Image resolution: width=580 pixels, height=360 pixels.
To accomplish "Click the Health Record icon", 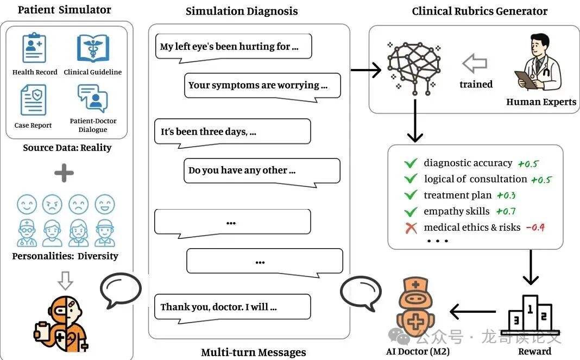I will (34, 48).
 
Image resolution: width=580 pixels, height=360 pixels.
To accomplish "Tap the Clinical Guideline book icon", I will (93, 48).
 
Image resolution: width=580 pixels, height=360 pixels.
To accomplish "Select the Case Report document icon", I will (33, 100).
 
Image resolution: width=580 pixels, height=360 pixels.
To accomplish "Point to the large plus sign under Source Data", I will (64, 174).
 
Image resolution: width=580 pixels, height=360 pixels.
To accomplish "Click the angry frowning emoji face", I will (52, 205).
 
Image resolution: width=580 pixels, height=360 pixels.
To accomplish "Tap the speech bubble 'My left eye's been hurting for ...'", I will (233, 47).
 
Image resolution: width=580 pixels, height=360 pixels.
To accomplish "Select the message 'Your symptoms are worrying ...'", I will (262, 85).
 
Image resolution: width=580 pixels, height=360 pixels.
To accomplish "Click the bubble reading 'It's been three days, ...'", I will (232, 131).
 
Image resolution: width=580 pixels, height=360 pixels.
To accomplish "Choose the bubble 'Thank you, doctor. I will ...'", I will (232, 307).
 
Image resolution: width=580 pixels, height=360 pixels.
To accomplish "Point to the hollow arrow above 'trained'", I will (475, 64).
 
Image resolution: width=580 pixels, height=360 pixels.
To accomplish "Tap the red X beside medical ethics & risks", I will (411, 228).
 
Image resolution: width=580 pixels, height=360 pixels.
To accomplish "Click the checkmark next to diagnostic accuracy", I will (411, 163).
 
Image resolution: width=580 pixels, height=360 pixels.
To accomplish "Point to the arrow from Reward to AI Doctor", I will (472, 312).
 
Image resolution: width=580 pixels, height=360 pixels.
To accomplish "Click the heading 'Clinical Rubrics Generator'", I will (480, 11).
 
